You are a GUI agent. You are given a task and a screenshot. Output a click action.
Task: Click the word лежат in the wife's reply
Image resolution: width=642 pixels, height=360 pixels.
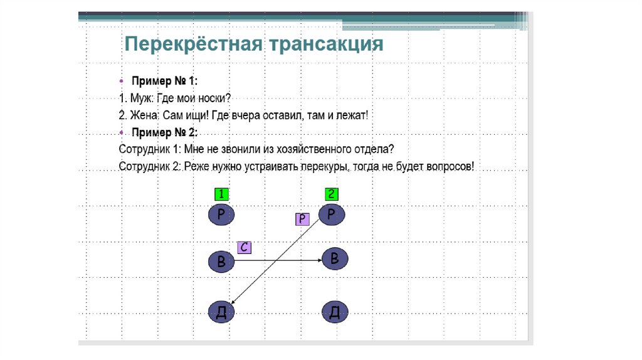[x=351, y=115]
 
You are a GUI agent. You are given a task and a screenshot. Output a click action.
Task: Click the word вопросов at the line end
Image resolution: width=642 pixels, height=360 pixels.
[x=448, y=167]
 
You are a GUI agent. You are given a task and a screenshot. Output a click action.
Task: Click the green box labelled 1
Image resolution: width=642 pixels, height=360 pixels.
[x=221, y=194]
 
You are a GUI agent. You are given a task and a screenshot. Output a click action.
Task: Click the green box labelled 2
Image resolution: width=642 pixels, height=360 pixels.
[x=332, y=194]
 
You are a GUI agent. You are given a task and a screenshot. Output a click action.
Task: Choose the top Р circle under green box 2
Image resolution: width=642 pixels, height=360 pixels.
[x=332, y=214]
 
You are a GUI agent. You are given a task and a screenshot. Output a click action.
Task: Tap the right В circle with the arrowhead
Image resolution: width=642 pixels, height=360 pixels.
[x=335, y=258]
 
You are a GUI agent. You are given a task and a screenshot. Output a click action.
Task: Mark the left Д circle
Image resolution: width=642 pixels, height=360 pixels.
[x=221, y=312]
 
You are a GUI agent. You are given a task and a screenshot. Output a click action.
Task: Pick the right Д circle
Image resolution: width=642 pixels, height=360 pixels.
[x=335, y=312]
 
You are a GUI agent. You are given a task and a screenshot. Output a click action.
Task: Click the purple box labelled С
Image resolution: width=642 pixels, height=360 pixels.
[x=244, y=247]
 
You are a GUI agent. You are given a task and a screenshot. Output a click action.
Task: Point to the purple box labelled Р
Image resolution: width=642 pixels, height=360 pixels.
[x=302, y=219]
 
